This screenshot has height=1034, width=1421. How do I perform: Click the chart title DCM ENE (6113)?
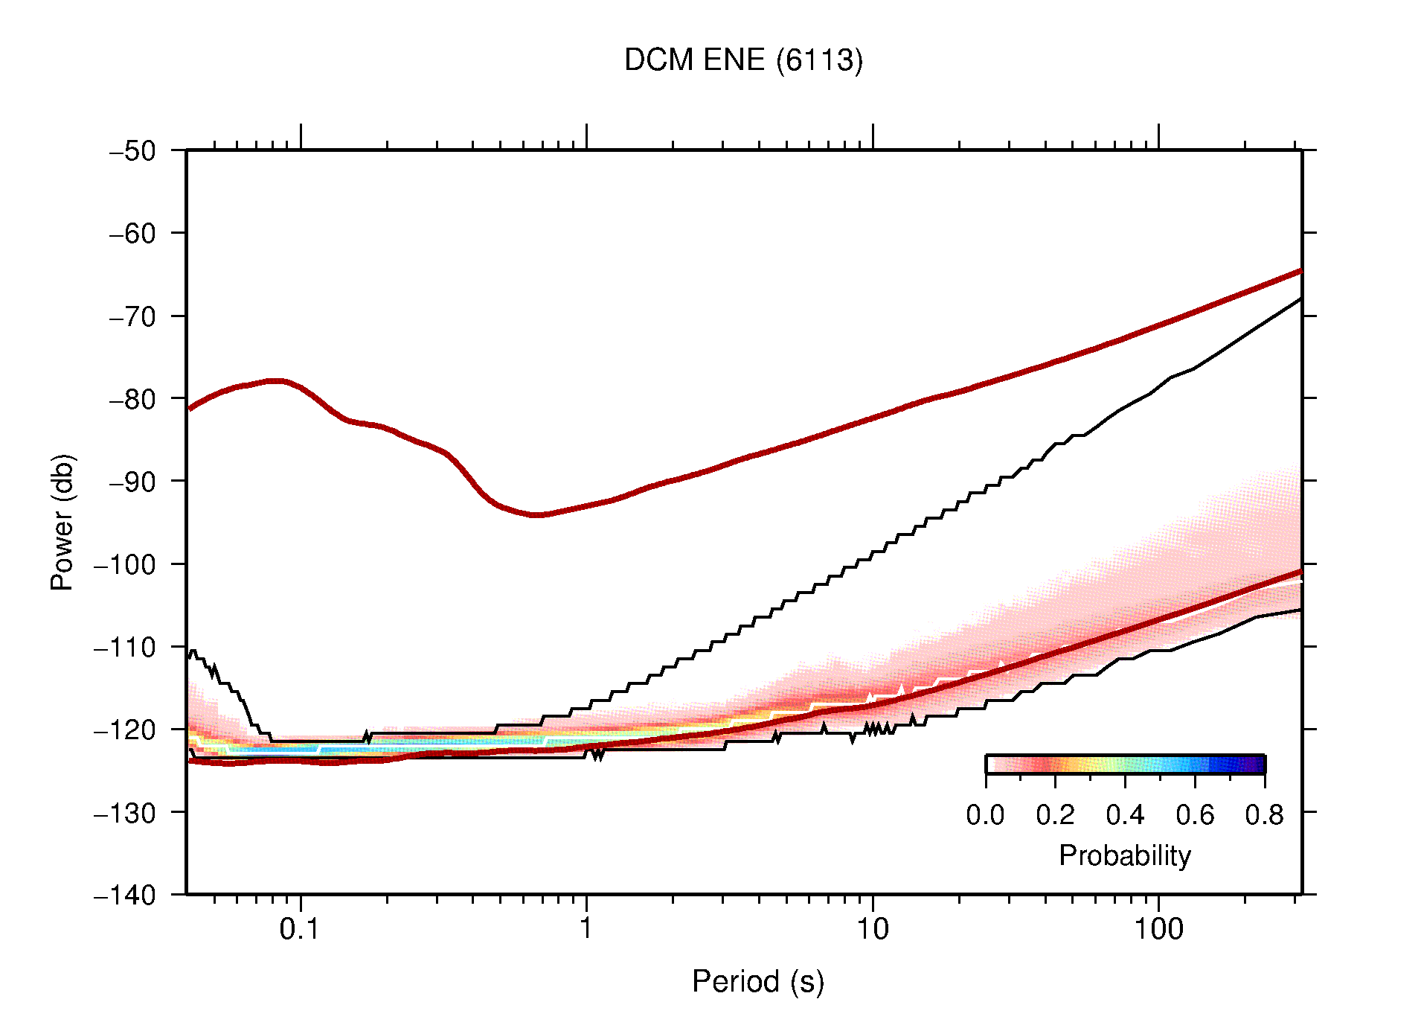[x=743, y=60]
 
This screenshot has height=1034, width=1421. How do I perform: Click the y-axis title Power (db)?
[x=62, y=522]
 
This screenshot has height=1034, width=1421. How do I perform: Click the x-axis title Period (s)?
[x=757, y=981]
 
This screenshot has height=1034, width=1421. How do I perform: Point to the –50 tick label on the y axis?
[x=132, y=151]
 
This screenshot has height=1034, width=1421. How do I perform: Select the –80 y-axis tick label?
[x=132, y=399]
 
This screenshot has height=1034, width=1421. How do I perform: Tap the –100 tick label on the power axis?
[x=125, y=564]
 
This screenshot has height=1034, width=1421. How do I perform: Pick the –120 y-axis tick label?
[x=125, y=730]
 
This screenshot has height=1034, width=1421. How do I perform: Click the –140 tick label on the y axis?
[x=125, y=895]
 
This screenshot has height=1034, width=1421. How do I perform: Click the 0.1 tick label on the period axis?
[x=300, y=929]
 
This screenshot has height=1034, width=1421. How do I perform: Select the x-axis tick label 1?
[x=586, y=929]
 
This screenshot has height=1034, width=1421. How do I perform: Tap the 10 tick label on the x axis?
[x=872, y=929]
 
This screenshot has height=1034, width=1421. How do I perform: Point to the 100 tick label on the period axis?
[x=1158, y=929]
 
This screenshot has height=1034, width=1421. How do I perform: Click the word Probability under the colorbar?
[x=1124, y=855]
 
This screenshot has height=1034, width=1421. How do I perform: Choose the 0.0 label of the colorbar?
[x=985, y=815]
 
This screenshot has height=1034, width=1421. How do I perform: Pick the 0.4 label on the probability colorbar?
[x=1125, y=815]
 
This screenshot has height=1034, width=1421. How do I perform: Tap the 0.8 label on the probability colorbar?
[x=1264, y=815]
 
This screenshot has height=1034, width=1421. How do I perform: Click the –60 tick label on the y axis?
[x=132, y=234]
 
